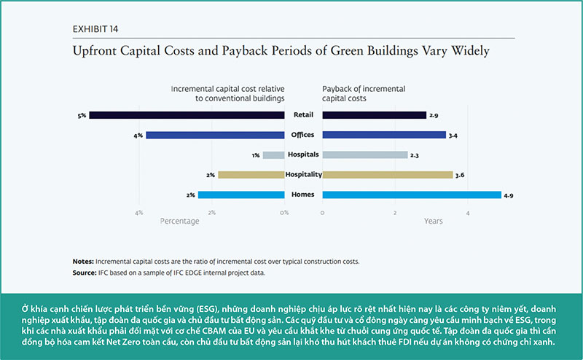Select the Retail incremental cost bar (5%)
point(187,114)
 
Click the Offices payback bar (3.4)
point(383,135)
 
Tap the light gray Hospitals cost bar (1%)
point(273,154)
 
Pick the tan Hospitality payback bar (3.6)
point(387,175)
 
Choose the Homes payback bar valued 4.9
point(411,195)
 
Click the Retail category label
point(303,114)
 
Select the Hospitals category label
point(303,154)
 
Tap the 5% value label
point(82,114)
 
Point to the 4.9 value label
point(509,195)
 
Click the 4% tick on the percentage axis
point(138,213)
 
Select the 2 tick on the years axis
point(395,213)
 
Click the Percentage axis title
point(179,221)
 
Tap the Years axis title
point(433,221)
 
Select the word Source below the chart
point(85,272)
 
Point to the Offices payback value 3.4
point(453,135)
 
